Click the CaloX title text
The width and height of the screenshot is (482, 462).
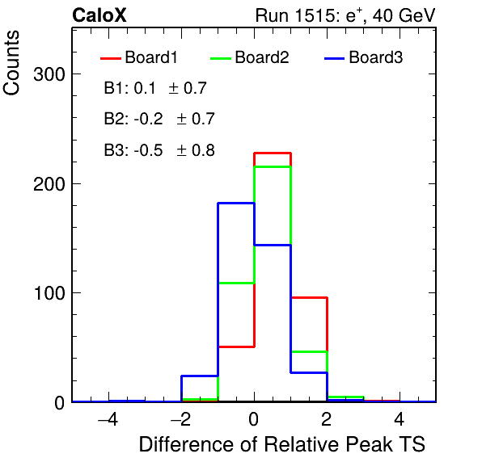99,15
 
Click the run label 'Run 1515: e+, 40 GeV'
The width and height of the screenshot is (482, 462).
345,15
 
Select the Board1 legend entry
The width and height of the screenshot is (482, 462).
139,57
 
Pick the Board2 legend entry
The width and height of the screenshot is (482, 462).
250,57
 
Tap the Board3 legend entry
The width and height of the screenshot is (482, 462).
364,57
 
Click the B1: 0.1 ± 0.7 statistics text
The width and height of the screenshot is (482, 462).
155,88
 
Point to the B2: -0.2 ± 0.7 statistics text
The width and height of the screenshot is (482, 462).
159,119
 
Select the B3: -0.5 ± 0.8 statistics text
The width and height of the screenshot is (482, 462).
159,150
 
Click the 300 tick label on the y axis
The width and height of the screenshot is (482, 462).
49,74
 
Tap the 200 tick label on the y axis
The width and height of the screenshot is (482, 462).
49,184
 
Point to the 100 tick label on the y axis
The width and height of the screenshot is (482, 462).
49,293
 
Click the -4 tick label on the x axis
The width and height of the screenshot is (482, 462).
108,419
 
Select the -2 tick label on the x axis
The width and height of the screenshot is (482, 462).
181,419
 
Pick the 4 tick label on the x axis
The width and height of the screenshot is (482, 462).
399,419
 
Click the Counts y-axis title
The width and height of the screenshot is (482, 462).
11,63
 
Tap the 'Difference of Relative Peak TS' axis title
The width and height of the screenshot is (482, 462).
282,444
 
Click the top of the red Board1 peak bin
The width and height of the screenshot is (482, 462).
273,153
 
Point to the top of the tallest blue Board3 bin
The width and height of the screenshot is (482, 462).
236,204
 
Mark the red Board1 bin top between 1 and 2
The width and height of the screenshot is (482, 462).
309,297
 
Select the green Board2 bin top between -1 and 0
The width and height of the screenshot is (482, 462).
236,283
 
